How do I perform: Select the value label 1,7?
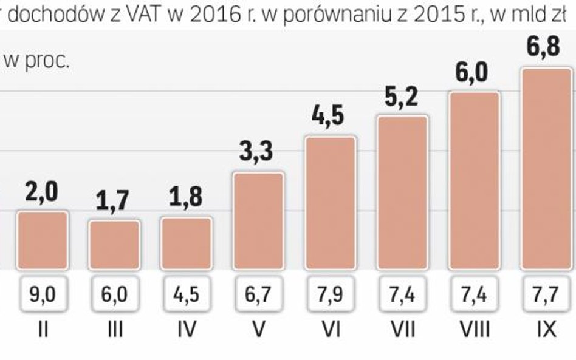point(113,200)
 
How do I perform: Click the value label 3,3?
point(256,152)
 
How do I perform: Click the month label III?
point(114,330)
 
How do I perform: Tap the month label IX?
point(546,330)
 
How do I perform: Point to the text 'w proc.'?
point(36,61)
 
